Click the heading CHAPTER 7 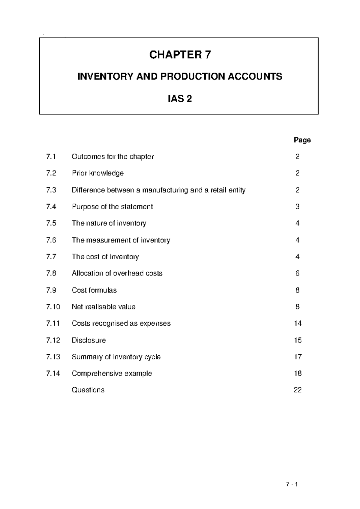180,55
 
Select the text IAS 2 180,98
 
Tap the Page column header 302,140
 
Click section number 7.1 51,157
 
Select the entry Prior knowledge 97,173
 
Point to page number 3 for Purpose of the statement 297,206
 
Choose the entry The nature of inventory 109,223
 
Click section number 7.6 51,240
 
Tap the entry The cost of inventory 105,257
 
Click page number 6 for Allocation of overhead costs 297,273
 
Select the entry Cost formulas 94,290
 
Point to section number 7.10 53,307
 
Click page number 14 298,323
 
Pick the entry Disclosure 88,340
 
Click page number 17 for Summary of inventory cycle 298,357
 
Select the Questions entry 88,390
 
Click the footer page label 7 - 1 291,484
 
